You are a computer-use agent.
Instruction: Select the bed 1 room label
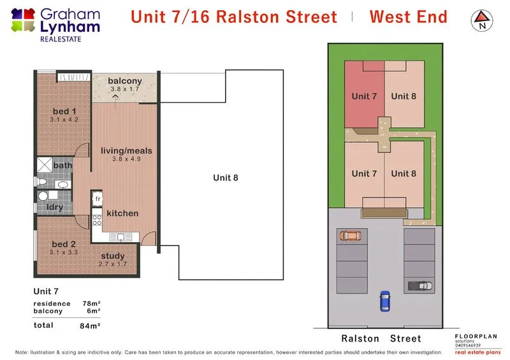pyautogui.click(x=64, y=112)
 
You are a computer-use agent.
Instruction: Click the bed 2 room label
pyautogui.click(x=64, y=245)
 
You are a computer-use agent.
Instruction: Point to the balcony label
pyautogui.click(x=124, y=81)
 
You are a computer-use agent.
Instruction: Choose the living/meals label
pyautogui.click(x=126, y=151)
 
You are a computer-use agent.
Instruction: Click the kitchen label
pyautogui.click(x=122, y=213)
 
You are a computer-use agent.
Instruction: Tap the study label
pyautogui.click(x=113, y=256)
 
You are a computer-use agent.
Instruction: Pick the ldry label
pyautogui.click(x=54, y=207)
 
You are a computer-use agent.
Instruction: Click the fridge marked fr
pyautogui.click(x=99, y=199)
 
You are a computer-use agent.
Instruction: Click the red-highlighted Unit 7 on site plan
pyautogui.click(x=364, y=96)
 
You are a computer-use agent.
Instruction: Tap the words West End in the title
pyautogui.click(x=408, y=17)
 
